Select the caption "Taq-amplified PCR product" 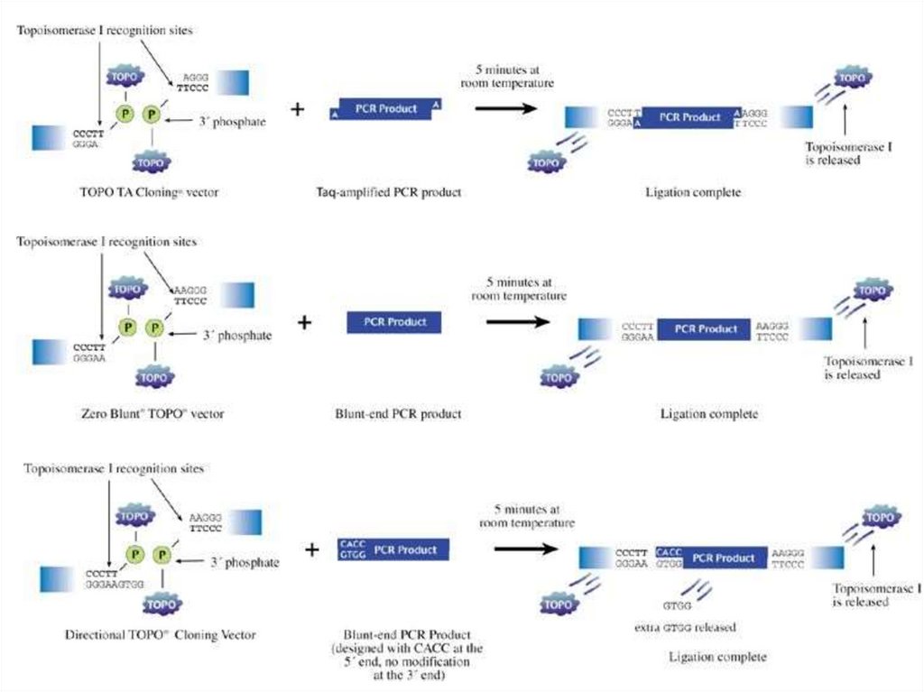pos(390,192)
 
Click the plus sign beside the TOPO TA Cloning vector pos(298,109)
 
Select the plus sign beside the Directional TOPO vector pos(312,549)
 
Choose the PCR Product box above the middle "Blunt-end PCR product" pos(394,322)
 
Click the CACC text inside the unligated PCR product pos(350,545)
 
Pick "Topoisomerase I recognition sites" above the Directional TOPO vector pos(114,469)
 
